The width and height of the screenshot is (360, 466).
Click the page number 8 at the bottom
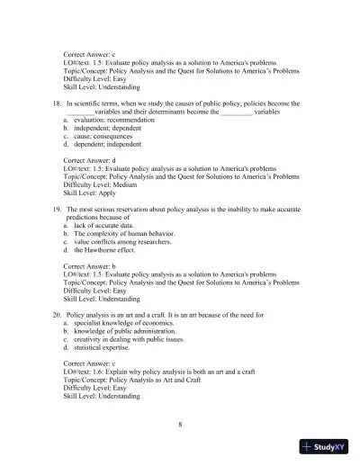click(181, 423)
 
